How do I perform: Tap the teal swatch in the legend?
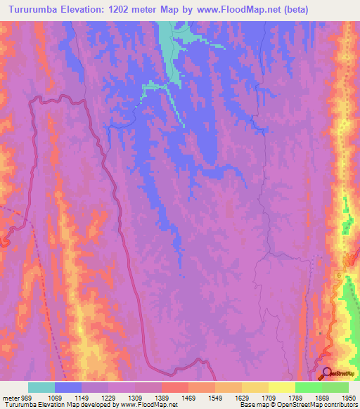[41, 387]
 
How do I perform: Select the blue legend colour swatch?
[68, 387]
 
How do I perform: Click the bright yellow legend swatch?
[282, 387]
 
